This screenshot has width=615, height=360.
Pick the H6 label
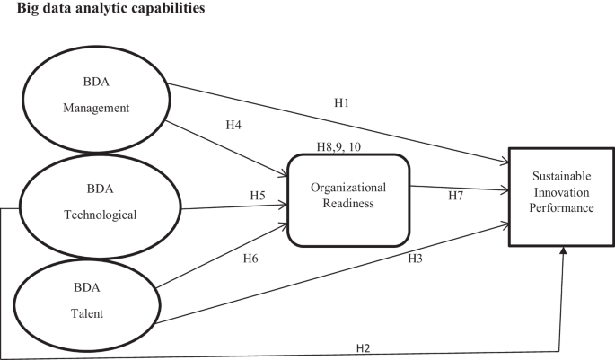tap(251, 259)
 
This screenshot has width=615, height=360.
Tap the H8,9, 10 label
tap(346, 146)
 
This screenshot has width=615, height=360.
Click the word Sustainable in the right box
tap(562, 180)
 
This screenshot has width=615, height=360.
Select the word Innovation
tap(562, 194)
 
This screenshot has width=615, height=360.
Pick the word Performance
tap(562, 208)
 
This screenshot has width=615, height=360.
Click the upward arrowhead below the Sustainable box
tap(563, 255)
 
